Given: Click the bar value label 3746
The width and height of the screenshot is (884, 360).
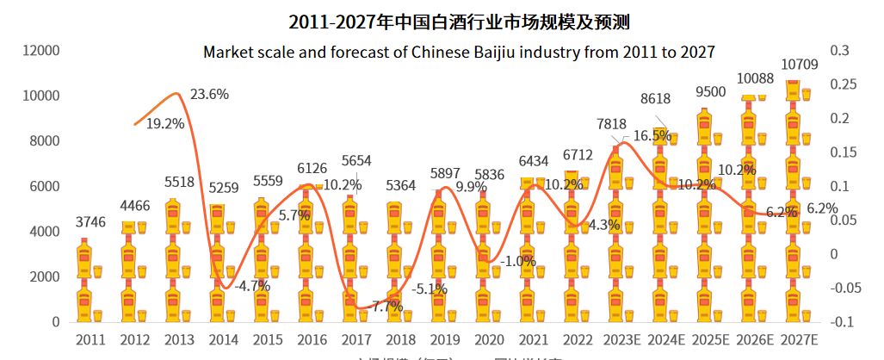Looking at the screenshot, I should [x=90, y=222].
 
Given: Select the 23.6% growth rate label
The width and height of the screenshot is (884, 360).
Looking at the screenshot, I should [x=210, y=95].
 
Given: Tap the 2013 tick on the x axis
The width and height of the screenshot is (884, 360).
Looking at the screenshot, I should [x=179, y=339].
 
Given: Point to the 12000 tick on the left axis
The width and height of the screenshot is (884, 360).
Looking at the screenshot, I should [x=41, y=51].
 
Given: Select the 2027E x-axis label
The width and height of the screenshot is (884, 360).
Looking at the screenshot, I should [x=797, y=339].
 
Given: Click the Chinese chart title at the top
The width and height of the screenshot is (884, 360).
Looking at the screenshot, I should [x=442, y=21].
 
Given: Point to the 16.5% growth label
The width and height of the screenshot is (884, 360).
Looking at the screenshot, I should [x=652, y=135].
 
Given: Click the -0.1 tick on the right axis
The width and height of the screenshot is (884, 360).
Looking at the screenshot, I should [x=841, y=322].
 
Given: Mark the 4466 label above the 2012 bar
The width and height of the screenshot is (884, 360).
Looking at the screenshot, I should [x=135, y=206].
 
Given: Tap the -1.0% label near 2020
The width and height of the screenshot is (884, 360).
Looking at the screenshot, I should [x=518, y=262].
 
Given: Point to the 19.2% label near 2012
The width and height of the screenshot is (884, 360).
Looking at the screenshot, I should [x=165, y=123].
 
